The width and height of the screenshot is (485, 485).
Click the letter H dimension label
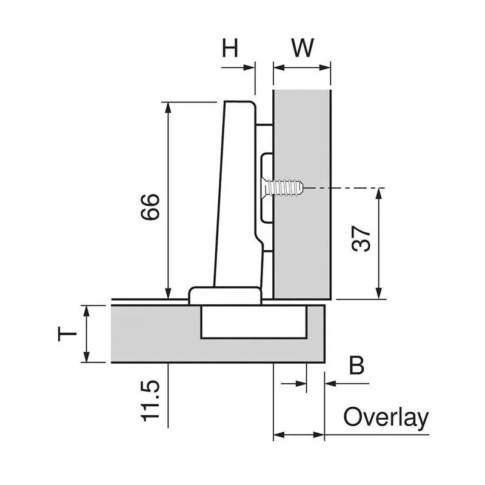coord(230,48)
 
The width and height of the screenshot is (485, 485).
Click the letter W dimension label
coord(302,48)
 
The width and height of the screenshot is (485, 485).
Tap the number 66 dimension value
coord(150,207)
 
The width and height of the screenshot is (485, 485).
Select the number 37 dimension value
coord(361,239)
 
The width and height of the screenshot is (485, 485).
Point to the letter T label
coord(67,333)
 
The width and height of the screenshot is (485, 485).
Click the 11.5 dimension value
coord(150,401)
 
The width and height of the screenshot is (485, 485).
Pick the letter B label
coord(357,366)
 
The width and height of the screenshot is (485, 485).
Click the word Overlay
coord(386,418)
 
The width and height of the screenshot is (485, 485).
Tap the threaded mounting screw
coord(285,187)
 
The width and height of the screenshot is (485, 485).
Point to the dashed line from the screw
coord(346,189)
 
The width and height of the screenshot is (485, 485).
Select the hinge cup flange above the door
coord(224,295)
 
